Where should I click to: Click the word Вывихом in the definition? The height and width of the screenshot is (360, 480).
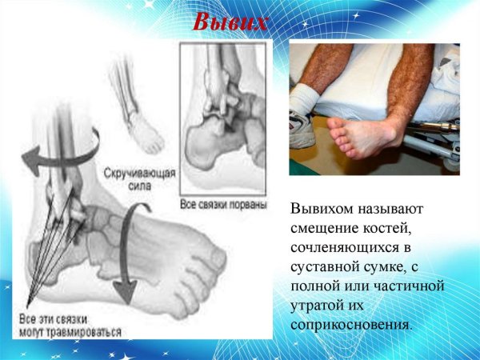point(325,210)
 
